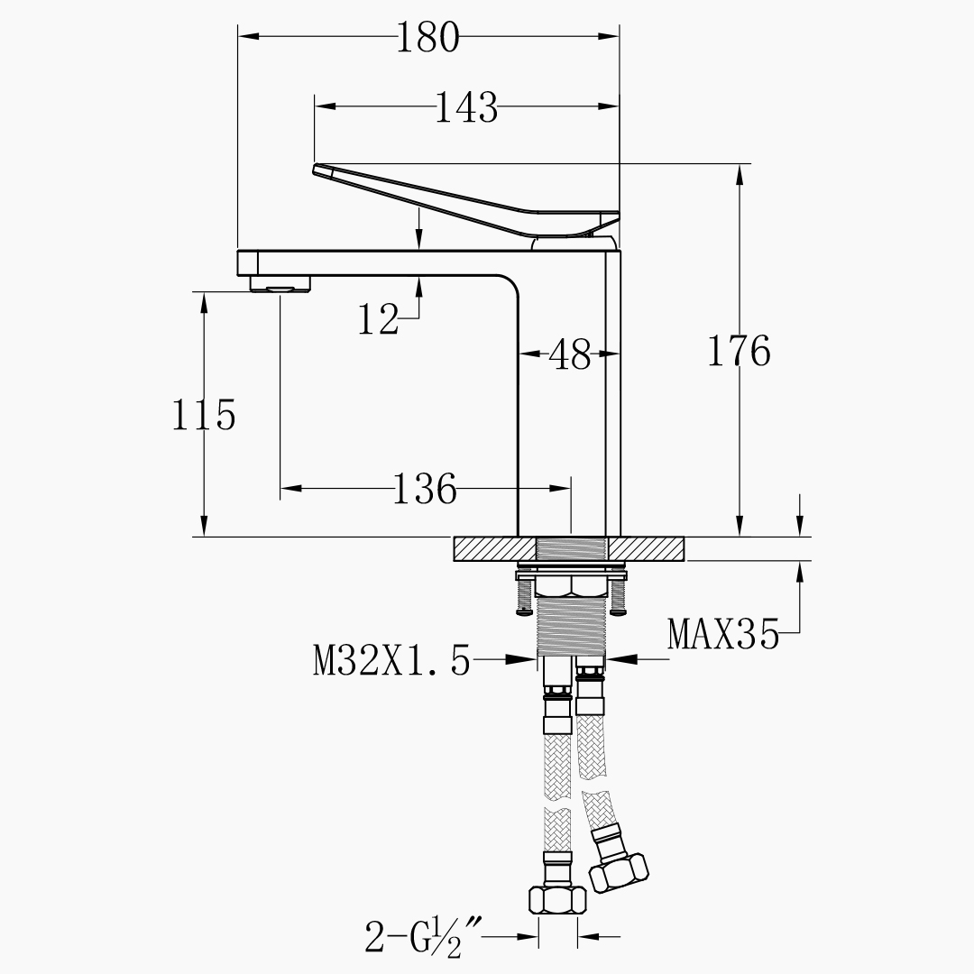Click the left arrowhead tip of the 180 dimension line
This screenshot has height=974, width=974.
[x=238, y=36]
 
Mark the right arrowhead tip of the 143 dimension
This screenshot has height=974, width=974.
[x=620, y=106]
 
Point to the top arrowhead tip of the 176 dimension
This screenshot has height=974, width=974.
[x=740, y=165]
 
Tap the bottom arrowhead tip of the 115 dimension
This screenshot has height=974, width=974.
[x=203, y=536]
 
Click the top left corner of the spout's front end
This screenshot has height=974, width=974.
[x=238, y=251]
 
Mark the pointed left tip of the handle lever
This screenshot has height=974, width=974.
[x=313, y=169]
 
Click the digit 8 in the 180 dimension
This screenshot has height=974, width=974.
[x=427, y=37]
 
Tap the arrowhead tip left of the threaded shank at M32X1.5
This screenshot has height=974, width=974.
[x=536, y=659]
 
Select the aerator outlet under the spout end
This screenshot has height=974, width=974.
[x=280, y=285]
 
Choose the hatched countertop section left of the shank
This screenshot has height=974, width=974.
[x=495, y=548]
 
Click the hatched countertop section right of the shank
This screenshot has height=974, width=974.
[x=646, y=548]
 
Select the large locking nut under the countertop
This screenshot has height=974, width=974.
[x=571, y=586]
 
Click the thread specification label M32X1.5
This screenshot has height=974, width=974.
[x=392, y=659]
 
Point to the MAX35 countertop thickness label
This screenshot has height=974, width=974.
[x=723, y=634]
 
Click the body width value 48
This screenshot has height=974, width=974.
[x=570, y=354]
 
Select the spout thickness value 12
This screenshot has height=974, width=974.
[x=378, y=320]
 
